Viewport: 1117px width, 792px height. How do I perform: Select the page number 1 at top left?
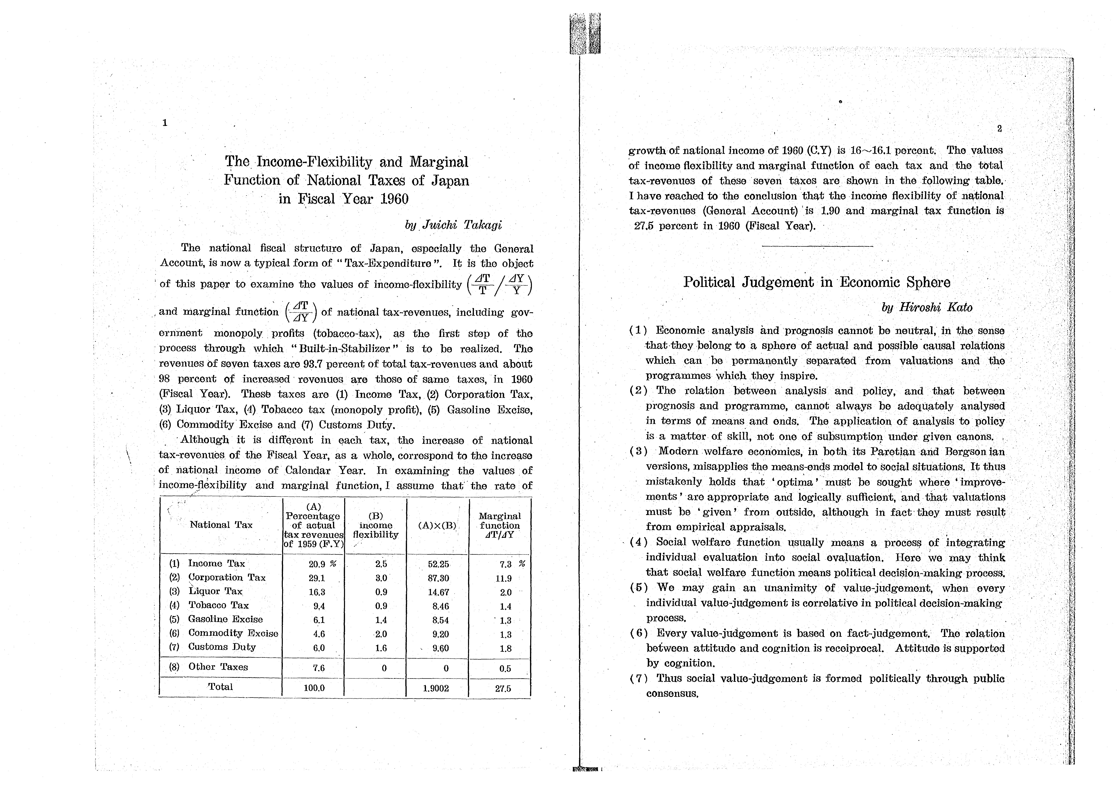coord(165,123)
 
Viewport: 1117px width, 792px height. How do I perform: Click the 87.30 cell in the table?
coord(438,578)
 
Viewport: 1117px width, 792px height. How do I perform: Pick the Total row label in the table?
coord(220,687)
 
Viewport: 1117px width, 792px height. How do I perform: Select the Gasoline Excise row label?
coord(225,619)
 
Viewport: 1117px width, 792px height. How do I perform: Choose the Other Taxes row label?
coord(218,667)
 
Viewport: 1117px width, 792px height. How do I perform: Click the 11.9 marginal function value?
coord(503,579)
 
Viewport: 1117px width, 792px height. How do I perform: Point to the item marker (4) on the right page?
coord(638,542)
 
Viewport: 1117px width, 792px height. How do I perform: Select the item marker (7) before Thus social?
coord(638,678)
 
